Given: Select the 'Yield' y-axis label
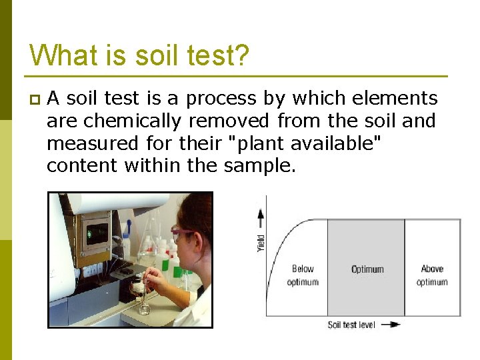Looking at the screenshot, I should coord(261,243).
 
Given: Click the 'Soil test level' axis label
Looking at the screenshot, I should coord(351,325).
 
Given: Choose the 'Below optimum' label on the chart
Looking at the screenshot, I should coord(303,275).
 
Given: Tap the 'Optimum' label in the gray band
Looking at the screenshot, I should coord(367,269).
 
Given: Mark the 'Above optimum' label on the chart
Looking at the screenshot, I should coord(432,275).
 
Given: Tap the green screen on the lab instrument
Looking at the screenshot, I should coord(97,233).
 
